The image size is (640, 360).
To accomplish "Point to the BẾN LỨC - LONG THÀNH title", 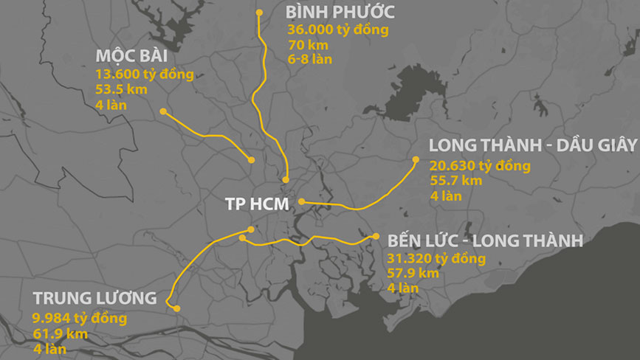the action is [x=485, y=240].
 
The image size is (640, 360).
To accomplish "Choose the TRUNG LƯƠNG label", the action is [x=94, y=298].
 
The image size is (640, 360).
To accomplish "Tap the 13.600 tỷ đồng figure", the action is [x=145, y=75].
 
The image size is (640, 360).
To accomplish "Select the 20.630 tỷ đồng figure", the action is [x=480, y=166].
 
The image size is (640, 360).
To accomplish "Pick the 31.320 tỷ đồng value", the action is [x=436, y=259].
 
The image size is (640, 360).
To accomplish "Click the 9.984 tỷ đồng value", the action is [x=80, y=318].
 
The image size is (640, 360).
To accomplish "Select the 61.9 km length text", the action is [x=60, y=333].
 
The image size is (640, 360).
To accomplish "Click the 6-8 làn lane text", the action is [x=309, y=58].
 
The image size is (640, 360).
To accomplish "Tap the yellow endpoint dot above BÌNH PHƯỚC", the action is [x=259, y=12].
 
